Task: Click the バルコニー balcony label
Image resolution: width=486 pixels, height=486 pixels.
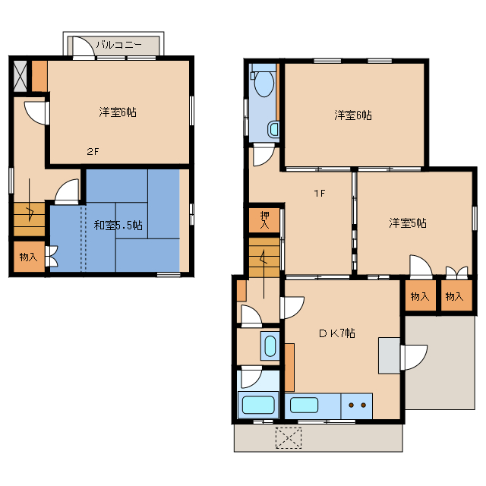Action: pos(118,45)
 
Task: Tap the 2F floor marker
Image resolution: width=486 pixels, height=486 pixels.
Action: pos(93,152)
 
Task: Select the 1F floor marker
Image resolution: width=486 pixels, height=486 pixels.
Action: pos(320,194)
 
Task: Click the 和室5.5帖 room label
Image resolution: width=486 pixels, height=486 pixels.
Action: pos(118,225)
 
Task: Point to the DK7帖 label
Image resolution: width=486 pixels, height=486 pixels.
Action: pos(337,333)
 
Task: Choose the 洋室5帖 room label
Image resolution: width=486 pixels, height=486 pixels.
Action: pos(408,222)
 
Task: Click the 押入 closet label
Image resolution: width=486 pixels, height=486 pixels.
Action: pos(265,219)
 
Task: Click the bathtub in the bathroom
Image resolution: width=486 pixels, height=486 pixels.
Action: pos(258,405)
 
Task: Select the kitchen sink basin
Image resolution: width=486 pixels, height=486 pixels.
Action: pos(304,405)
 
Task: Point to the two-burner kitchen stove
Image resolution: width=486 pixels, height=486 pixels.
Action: pos(357,406)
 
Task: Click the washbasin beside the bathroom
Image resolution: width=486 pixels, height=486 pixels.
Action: pos(270,346)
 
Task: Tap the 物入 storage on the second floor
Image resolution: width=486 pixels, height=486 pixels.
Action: pos(29,257)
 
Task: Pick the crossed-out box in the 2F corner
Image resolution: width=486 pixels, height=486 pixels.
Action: pos(21,76)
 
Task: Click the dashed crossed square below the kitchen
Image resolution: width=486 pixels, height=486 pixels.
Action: pos(289,438)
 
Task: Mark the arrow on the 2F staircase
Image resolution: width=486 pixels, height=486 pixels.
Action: pos(30,200)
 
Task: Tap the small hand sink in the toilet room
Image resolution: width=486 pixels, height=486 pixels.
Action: pos(273,130)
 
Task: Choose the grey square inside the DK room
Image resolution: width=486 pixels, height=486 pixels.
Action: pos(390,355)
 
